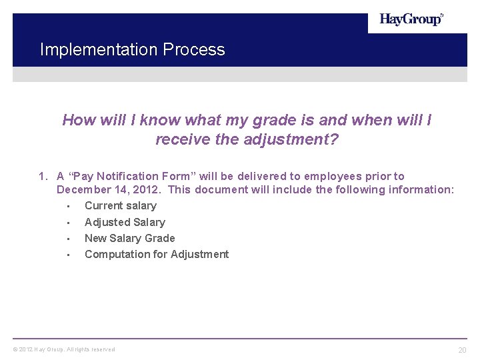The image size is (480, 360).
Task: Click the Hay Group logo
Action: [411, 20]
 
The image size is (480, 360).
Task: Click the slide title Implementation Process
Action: [132, 50]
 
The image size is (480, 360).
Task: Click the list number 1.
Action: [43, 177]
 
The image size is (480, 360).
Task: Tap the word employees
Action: [331, 177]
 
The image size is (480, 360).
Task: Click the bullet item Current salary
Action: [121, 206]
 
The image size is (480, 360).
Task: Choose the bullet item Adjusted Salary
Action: [125, 222]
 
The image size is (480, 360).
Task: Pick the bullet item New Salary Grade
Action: [130, 238]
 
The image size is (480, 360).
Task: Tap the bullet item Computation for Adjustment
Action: [157, 254]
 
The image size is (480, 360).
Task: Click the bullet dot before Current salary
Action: [69, 207]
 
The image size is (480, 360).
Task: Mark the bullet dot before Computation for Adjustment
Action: [69, 255]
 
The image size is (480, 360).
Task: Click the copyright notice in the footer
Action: [64, 349]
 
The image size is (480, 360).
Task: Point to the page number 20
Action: [462, 350]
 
